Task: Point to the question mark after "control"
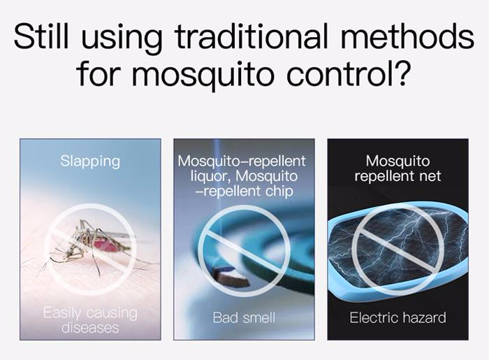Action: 400,72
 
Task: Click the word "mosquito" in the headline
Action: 203,75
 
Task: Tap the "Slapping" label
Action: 90,161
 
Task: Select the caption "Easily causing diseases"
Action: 90,320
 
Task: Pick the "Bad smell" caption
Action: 244,318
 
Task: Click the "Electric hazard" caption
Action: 397,318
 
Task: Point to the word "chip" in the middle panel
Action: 279,192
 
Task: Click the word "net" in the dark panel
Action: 430,176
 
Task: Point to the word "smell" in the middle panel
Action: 259,318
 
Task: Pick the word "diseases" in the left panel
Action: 90,328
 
